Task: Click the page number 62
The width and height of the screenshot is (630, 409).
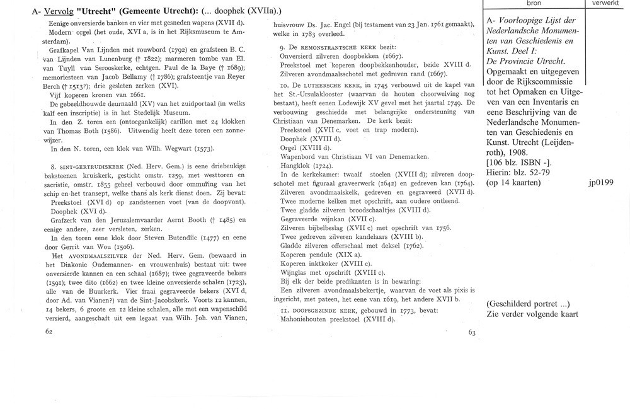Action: coord(49,330)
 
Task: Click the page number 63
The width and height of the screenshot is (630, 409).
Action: coord(472,333)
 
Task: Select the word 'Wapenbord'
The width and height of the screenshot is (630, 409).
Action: coord(300,156)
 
